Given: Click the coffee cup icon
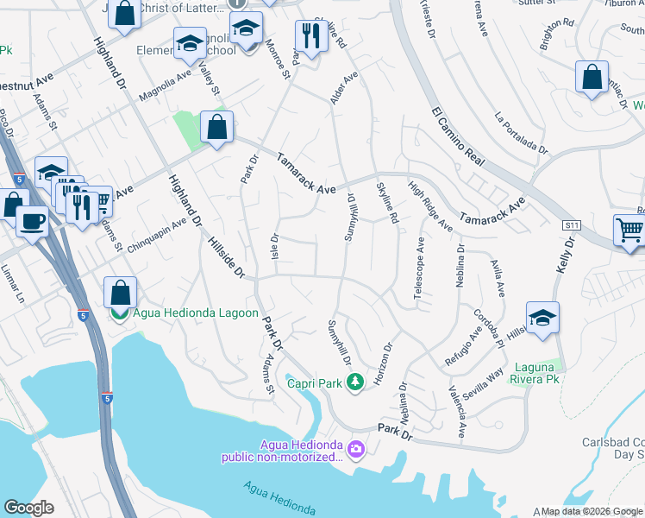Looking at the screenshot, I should point(34,222).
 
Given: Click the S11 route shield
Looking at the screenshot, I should point(571,224).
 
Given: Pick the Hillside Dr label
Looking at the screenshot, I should point(227,258).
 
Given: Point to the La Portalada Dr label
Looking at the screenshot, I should point(522,132).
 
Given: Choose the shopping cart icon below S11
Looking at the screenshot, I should point(630,231).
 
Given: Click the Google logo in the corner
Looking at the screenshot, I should point(28,508).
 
